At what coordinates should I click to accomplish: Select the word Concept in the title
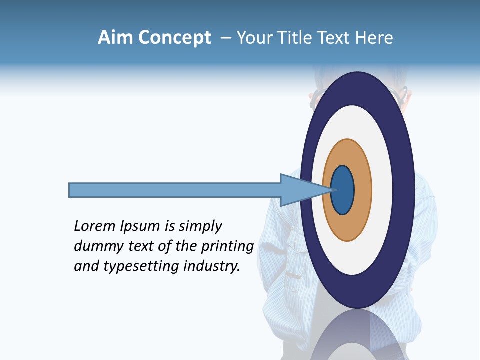click(174, 38)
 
